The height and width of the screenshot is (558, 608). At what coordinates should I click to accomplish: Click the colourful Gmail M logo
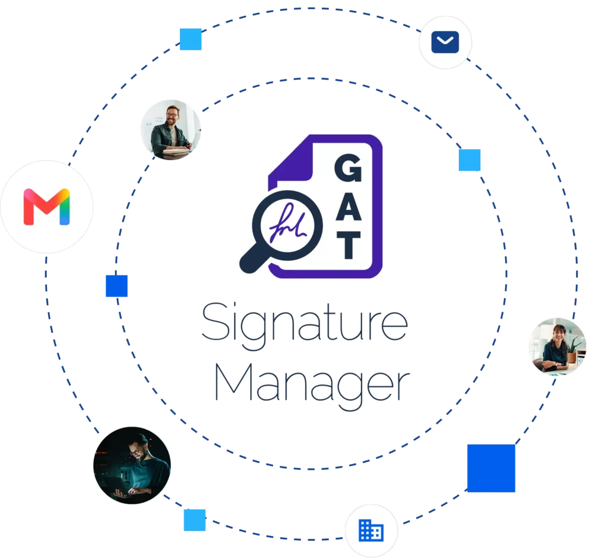tap(46, 207)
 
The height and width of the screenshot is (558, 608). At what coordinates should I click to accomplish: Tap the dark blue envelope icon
tap(445, 42)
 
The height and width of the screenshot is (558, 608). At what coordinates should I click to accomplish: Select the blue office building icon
tap(371, 531)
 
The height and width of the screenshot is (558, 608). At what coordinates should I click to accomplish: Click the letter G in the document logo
tap(348, 168)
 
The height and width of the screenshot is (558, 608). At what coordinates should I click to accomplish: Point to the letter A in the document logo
tap(349, 206)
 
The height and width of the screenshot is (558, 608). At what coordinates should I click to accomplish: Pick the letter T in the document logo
tap(349, 245)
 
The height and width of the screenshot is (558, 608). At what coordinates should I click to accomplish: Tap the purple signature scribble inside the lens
tap(288, 224)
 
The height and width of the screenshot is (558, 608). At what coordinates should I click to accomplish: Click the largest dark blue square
tap(491, 468)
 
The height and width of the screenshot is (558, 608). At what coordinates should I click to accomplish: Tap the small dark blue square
tap(117, 286)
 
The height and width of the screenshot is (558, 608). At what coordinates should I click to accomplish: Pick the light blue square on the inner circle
tap(470, 160)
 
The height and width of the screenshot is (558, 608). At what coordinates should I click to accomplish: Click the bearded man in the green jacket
tap(170, 130)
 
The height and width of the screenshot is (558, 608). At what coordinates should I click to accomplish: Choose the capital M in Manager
tap(233, 382)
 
